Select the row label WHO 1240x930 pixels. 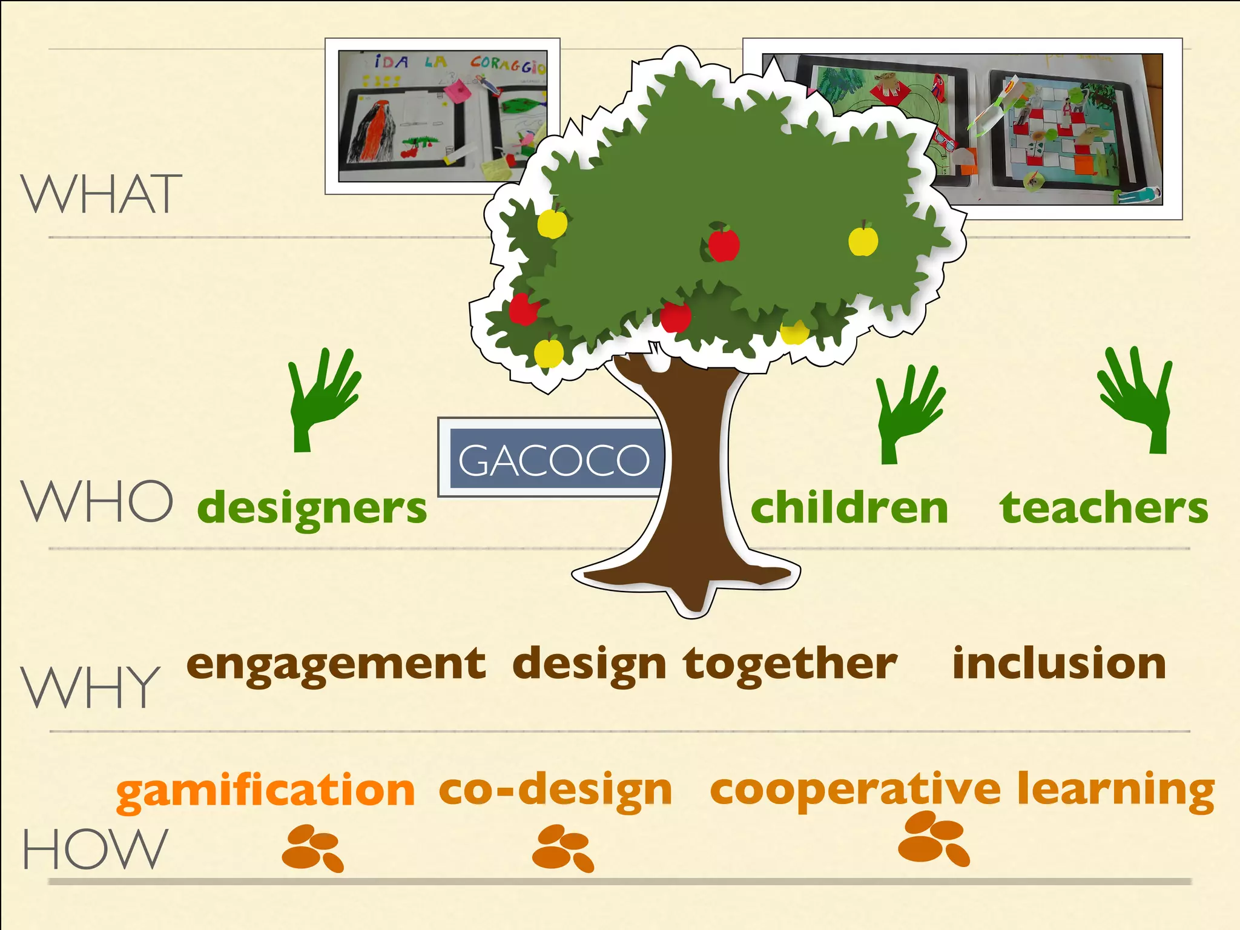pyautogui.click(x=97, y=501)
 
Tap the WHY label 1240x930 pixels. pyautogui.click(x=91, y=687)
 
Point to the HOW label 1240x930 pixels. pyautogui.click(x=95, y=849)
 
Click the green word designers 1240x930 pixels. pyautogui.click(x=312, y=509)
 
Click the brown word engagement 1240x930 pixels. pyautogui.click(x=336, y=665)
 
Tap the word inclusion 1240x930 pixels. pyautogui.click(x=1059, y=664)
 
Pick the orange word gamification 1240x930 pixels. pyautogui.click(x=265, y=791)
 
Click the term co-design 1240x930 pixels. pyautogui.click(x=555, y=790)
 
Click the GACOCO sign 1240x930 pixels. pyautogui.click(x=554, y=459)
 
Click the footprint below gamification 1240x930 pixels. pyautogui.click(x=312, y=848)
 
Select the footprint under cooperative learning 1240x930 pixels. pyautogui.click(x=933, y=839)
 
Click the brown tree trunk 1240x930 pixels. pyautogui.click(x=695, y=484)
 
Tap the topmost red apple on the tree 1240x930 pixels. pyautogui.click(x=724, y=243)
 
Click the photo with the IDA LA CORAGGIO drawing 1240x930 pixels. pyautogui.click(x=442, y=116)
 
